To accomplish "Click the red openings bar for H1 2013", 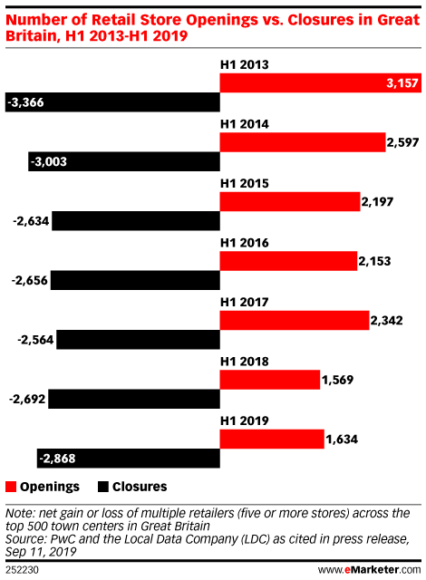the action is click(x=321, y=82).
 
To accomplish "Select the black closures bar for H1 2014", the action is click(x=124, y=161).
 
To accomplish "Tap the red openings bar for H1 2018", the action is click(x=270, y=380).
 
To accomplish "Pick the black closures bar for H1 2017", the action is click(x=139, y=340).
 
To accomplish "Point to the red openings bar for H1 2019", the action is click(x=272, y=439).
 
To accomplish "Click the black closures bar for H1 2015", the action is click(x=136, y=221).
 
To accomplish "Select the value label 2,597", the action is click(x=402, y=142).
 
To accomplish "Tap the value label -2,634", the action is click(x=31, y=221).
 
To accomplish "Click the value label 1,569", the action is click(x=337, y=380).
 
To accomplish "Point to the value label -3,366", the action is click(x=25, y=102).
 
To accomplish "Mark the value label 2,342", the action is click(x=386, y=320).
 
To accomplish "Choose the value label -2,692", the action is click(x=27, y=400).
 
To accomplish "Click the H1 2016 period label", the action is click(x=245, y=243).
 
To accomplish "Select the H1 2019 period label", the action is click(x=245, y=420).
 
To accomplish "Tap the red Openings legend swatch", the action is click(x=11, y=487).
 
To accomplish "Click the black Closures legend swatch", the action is click(x=103, y=487).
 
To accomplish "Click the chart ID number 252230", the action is click(x=22, y=570).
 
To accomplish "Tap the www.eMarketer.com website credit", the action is click(x=370, y=570).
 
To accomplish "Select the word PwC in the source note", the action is click(x=63, y=539).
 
